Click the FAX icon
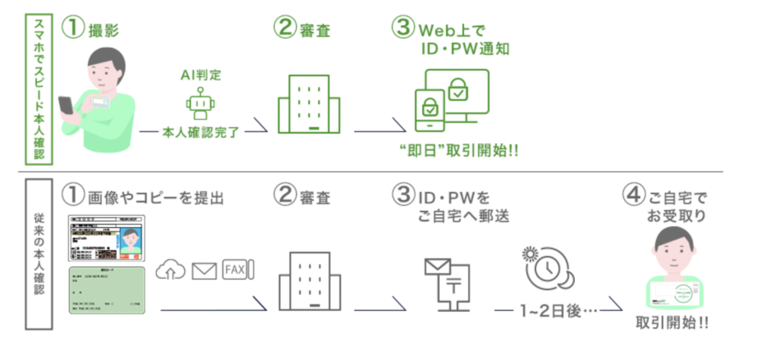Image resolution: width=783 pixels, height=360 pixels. [237, 270]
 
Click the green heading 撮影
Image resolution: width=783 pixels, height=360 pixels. [103, 31]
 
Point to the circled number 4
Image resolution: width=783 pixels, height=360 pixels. [635, 196]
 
